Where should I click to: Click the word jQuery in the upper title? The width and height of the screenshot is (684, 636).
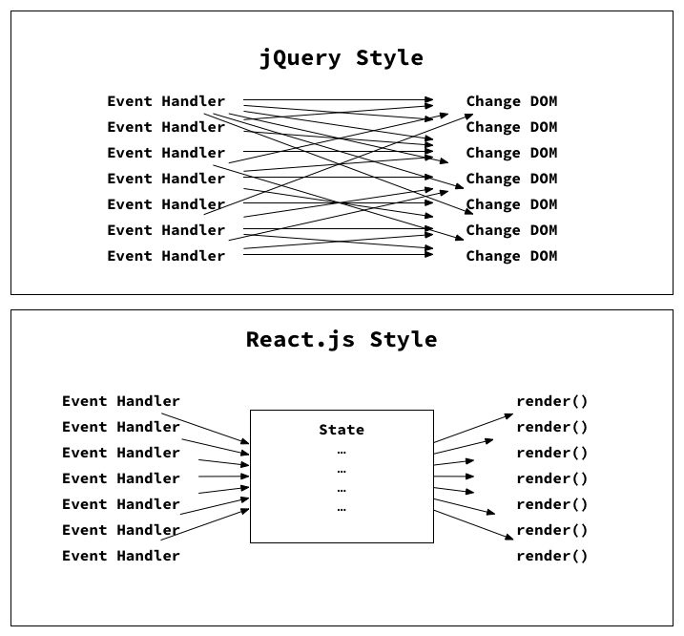[x=300, y=58]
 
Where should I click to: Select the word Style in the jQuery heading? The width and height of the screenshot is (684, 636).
[x=389, y=58]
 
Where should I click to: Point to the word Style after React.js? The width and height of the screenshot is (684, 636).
[x=404, y=340]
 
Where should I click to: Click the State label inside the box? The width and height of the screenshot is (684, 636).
[x=342, y=431]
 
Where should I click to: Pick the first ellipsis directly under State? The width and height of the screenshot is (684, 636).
[x=342, y=451]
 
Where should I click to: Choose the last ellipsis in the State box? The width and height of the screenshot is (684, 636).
[x=342, y=509]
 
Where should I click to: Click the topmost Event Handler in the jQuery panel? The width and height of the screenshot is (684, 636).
[x=166, y=101]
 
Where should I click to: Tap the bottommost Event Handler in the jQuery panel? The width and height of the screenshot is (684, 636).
[x=166, y=256]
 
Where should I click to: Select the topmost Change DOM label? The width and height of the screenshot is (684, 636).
[x=511, y=101]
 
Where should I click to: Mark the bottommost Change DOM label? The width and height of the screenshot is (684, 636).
[x=511, y=256]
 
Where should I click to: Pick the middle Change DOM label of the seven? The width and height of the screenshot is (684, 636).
[x=511, y=179]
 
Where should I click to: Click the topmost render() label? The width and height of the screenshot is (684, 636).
[x=552, y=401]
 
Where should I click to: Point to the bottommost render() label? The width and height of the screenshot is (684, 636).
[x=552, y=556]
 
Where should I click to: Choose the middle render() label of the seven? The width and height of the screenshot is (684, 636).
[x=552, y=478]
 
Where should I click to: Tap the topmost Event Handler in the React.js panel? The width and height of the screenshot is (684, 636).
[x=121, y=401]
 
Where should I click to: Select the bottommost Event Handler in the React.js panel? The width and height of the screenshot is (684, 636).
[x=121, y=556]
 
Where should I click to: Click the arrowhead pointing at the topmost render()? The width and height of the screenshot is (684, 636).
[x=509, y=416]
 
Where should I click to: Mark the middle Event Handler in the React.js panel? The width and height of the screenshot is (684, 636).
[x=121, y=478]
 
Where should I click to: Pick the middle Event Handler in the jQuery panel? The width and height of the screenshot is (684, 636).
[x=166, y=179]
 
